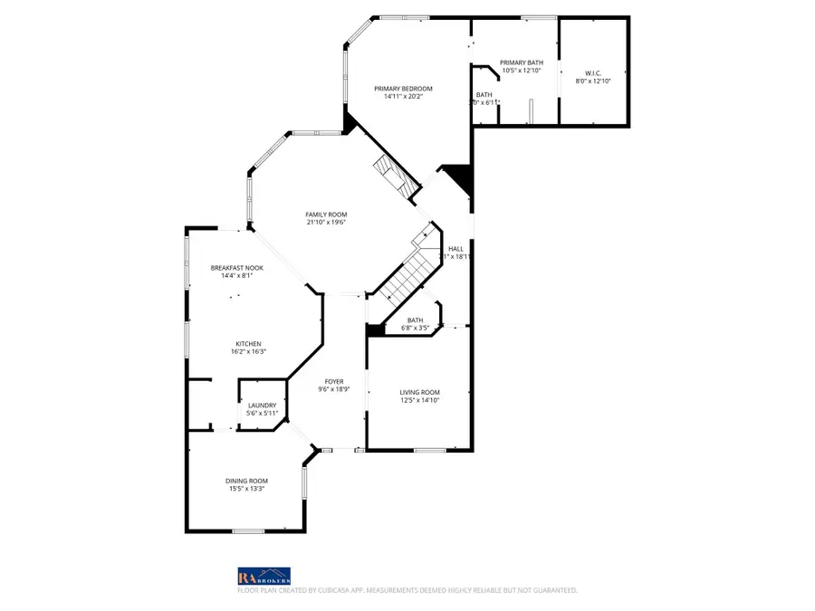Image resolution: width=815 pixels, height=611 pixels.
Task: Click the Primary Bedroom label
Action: [404, 89]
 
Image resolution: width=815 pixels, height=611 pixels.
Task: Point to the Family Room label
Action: [326, 215]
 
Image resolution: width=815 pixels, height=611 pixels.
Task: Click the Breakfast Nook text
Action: [231, 268]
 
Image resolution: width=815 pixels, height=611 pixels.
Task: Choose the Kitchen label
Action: [249, 344]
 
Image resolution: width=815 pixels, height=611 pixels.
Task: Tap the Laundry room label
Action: [262, 406]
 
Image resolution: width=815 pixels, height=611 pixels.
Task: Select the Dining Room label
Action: [246, 481]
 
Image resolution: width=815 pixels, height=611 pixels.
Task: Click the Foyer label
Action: [333, 382]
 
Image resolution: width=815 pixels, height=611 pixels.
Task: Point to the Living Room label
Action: [419, 392]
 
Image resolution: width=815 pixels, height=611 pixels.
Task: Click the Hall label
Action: [455, 249]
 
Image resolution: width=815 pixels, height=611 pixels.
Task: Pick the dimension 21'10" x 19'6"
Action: [326, 223]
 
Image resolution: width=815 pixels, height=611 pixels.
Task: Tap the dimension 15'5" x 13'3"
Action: [246, 489]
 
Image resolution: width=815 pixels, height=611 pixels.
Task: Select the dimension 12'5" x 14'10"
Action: [419, 400]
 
